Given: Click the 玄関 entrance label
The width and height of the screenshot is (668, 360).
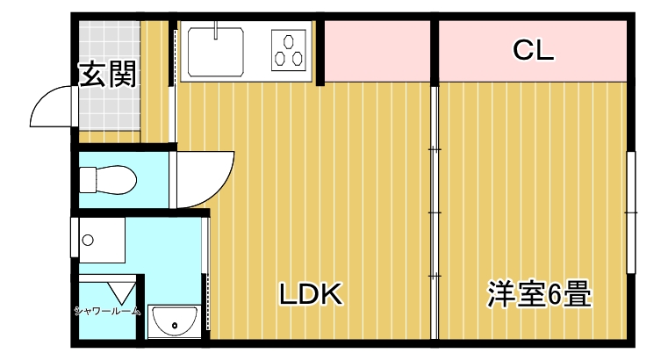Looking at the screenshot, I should (109, 76).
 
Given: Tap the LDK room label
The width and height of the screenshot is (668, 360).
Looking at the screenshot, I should (310, 294).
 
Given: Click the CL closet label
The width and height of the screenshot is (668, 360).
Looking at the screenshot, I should (533, 52).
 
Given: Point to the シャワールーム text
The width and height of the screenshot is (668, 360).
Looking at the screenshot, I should (107, 310).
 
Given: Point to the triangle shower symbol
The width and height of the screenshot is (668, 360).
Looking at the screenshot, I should (122, 291).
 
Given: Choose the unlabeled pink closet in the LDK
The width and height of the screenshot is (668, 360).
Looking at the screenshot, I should (377, 51).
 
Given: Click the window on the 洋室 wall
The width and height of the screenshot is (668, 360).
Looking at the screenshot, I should (629, 211).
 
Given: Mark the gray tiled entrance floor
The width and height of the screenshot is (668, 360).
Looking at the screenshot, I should (109, 105).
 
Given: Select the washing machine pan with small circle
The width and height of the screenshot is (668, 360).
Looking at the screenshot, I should (98, 240).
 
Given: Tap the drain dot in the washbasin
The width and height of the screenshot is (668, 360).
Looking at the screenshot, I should (175, 327).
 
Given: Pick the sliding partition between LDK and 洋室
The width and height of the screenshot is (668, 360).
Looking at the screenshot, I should (434, 211).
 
